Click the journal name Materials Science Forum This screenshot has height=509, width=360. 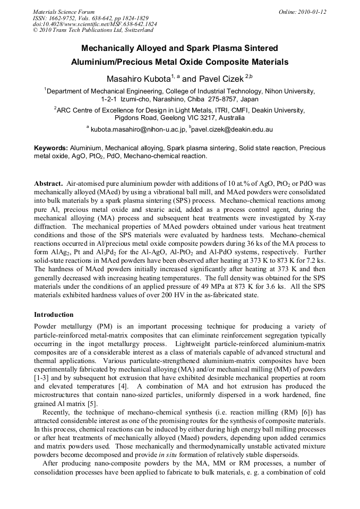pyautogui.click(x=64, y=12)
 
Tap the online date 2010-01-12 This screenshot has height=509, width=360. pyautogui.click(x=312, y=12)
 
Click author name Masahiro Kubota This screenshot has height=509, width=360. pyautogui.click(x=140, y=79)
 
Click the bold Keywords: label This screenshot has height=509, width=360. pyautogui.click(x=51, y=148)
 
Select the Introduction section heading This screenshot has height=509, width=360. pyautogui.click(x=54, y=315)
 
